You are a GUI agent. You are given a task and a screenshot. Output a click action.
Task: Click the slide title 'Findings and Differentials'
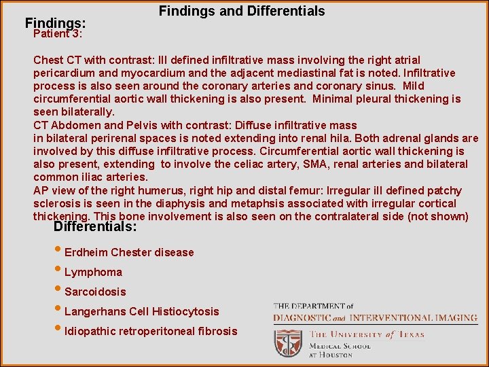tap(242, 12)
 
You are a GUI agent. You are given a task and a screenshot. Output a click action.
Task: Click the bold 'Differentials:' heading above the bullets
tap(95, 227)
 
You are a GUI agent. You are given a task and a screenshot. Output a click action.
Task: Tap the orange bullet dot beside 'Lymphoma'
tap(59, 271)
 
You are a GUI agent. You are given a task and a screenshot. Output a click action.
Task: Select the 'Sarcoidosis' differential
tap(95, 292)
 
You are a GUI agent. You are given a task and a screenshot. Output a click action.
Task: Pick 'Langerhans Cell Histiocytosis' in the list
tap(141, 312)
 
